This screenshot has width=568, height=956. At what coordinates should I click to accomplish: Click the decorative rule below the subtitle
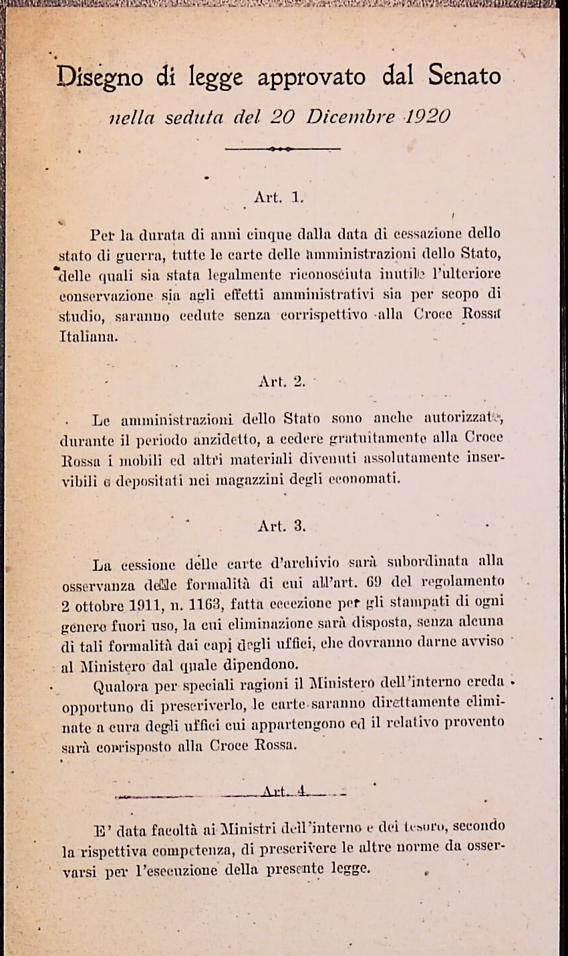(283, 148)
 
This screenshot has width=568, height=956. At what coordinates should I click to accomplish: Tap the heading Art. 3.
(281, 525)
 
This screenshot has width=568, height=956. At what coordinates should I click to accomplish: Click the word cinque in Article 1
(267, 234)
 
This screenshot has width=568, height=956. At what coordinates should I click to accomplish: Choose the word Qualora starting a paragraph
(122, 685)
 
